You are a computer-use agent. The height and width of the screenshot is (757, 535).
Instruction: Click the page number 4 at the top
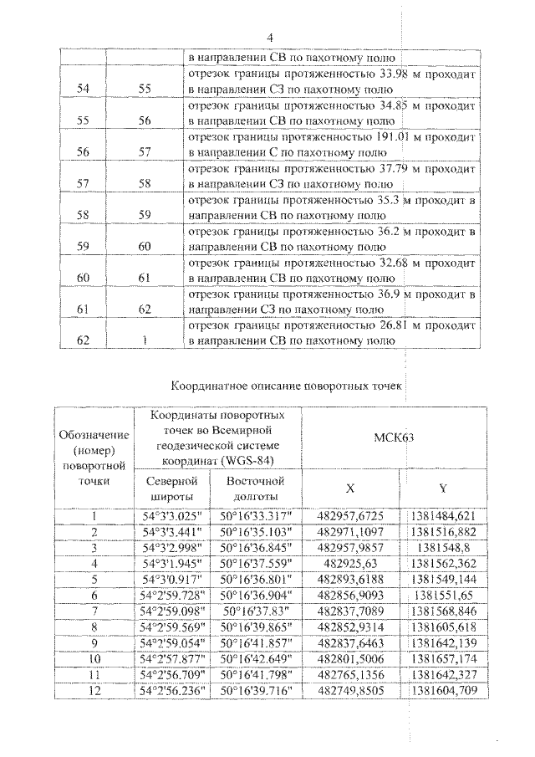click(x=270, y=38)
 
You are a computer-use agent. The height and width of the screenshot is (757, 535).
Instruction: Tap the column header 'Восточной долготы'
click(x=256, y=489)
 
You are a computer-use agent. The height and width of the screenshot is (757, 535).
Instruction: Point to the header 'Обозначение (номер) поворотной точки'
click(x=94, y=458)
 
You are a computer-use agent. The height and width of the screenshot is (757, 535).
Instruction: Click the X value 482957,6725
click(x=350, y=516)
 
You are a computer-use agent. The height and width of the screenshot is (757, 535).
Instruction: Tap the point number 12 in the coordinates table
click(x=94, y=691)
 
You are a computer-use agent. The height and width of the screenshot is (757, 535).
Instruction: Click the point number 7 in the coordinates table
click(x=94, y=611)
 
